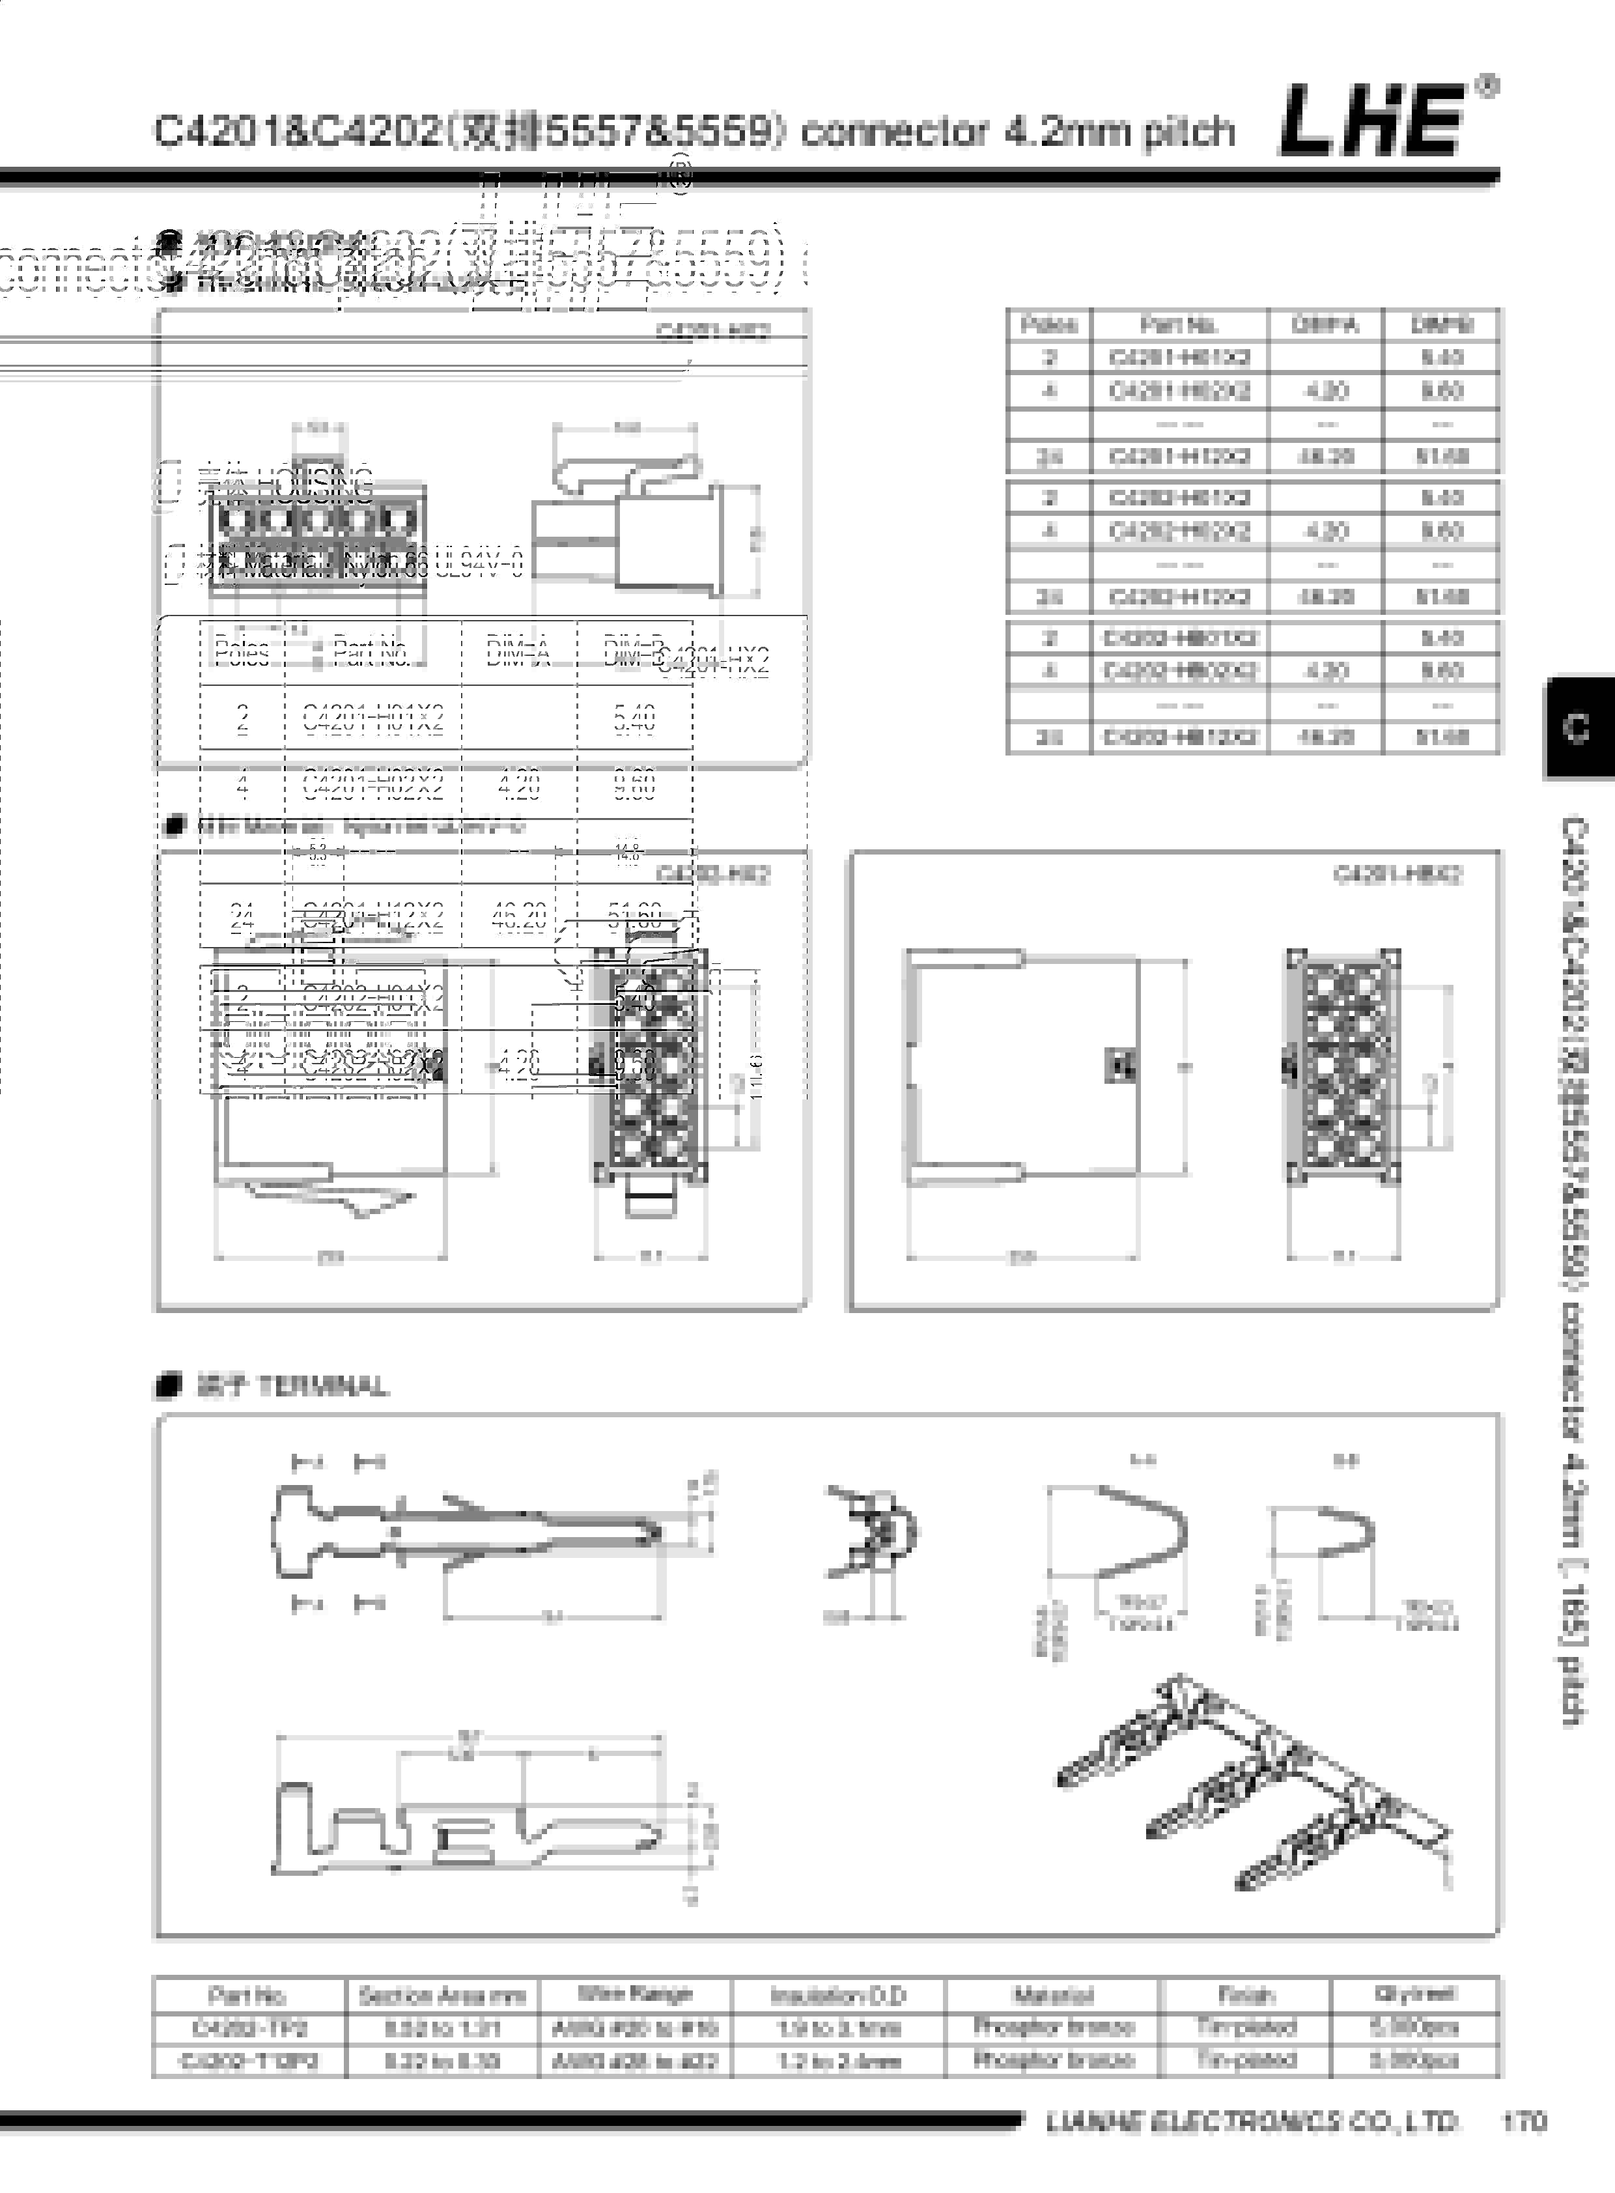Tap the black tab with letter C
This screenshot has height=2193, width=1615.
point(1577,728)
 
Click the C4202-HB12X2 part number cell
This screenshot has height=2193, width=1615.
point(1179,736)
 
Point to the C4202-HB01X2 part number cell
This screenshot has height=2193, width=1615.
point(1179,638)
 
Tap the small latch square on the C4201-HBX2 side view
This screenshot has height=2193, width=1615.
point(1114,1065)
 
